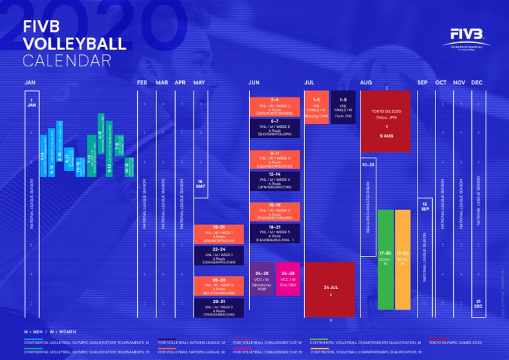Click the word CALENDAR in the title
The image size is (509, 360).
(x=66, y=61)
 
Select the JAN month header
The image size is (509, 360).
(x=30, y=82)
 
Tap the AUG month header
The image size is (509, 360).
(x=366, y=82)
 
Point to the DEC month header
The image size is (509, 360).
(x=477, y=82)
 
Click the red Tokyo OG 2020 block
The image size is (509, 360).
(x=386, y=121)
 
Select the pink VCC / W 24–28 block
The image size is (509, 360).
(x=288, y=278)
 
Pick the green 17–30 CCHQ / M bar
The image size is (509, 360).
(x=385, y=260)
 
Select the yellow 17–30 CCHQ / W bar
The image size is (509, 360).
(x=402, y=260)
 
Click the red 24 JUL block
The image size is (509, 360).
(x=330, y=289)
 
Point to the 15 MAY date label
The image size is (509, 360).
(x=200, y=184)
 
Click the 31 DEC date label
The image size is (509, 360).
(x=477, y=303)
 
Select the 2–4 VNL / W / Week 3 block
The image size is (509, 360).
(x=274, y=106)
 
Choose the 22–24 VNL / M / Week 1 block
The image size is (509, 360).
(x=219, y=255)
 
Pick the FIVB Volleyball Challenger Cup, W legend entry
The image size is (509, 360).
(x=265, y=352)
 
